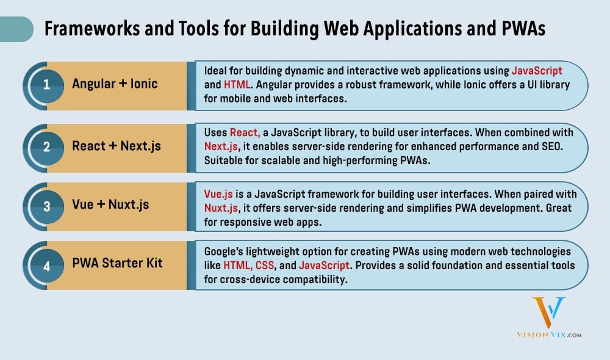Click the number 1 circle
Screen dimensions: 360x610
pyautogui.click(x=46, y=85)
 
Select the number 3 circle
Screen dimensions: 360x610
pyautogui.click(x=46, y=205)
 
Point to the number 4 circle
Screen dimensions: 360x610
pyautogui.click(x=46, y=264)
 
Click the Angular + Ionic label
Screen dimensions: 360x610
pyautogui.click(x=115, y=84)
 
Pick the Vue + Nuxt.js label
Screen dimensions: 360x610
pyautogui.click(x=110, y=205)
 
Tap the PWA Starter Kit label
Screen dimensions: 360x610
pyautogui.click(x=117, y=264)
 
